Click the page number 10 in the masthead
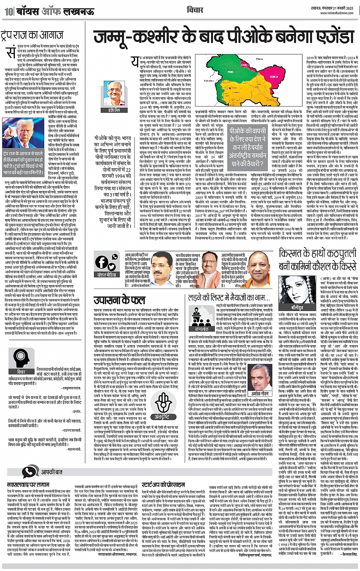point(8,11)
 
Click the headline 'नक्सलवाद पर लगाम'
point(28,485)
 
